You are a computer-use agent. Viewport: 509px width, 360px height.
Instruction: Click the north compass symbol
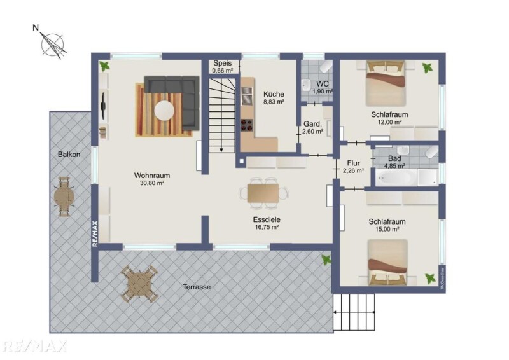coord(52,44)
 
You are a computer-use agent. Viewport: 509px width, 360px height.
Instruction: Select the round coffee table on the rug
coord(164,111)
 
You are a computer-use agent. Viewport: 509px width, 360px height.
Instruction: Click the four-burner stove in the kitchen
coord(247,125)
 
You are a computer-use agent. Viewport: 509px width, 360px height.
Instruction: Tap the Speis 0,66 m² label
coord(223,67)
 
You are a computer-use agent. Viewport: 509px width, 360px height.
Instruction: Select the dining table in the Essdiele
coord(263,193)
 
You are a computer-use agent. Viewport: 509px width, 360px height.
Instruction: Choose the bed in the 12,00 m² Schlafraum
coord(386,83)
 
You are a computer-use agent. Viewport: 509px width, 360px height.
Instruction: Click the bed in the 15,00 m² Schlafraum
coord(387,263)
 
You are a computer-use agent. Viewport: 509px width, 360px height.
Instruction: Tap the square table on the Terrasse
coord(139,284)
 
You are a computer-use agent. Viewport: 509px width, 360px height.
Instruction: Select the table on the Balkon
coord(64,197)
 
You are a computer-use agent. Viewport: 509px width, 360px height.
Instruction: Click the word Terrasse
coord(197,287)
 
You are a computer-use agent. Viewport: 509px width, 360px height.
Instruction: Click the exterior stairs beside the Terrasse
coord(354,312)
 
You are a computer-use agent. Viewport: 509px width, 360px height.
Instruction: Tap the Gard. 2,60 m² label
coord(312,128)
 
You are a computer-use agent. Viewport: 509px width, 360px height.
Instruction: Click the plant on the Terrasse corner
coord(326,260)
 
